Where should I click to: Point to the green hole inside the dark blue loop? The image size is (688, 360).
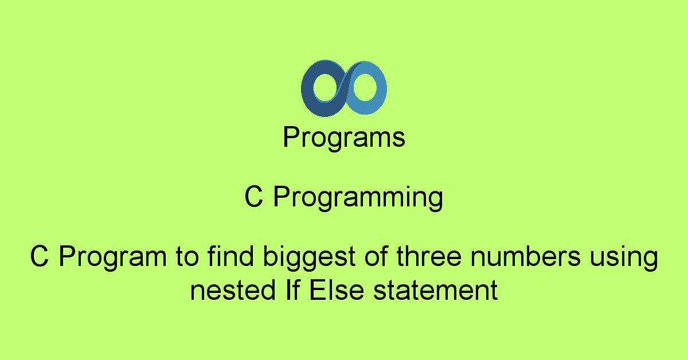pyautogui.click(x=325, y=88)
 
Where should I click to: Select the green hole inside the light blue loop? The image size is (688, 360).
pyautogui.click(x=363, y=88)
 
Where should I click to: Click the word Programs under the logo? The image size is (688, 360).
pyautogui.click(x=344, y=138)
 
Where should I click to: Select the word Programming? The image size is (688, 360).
pyautogui.click(x=358, y=198)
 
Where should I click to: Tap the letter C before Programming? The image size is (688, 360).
pyautogui.click(x=253, y=198)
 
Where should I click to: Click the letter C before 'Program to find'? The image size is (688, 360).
pyautogui.click(x=39, y=257)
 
